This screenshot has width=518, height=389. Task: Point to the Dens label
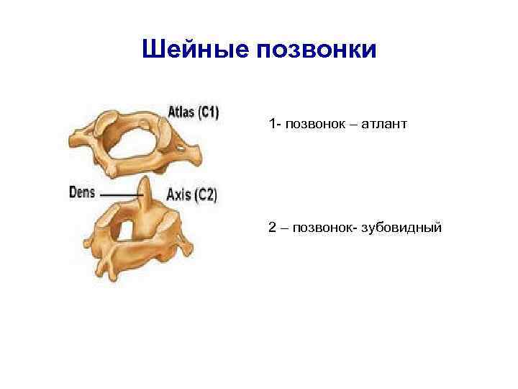pos(83,193)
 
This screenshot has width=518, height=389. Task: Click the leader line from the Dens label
pos(119,194)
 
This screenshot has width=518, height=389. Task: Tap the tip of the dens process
pos(144,181)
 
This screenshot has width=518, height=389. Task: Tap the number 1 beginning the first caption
pos(271,125)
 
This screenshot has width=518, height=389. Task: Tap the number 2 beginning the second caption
pos(272,228)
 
